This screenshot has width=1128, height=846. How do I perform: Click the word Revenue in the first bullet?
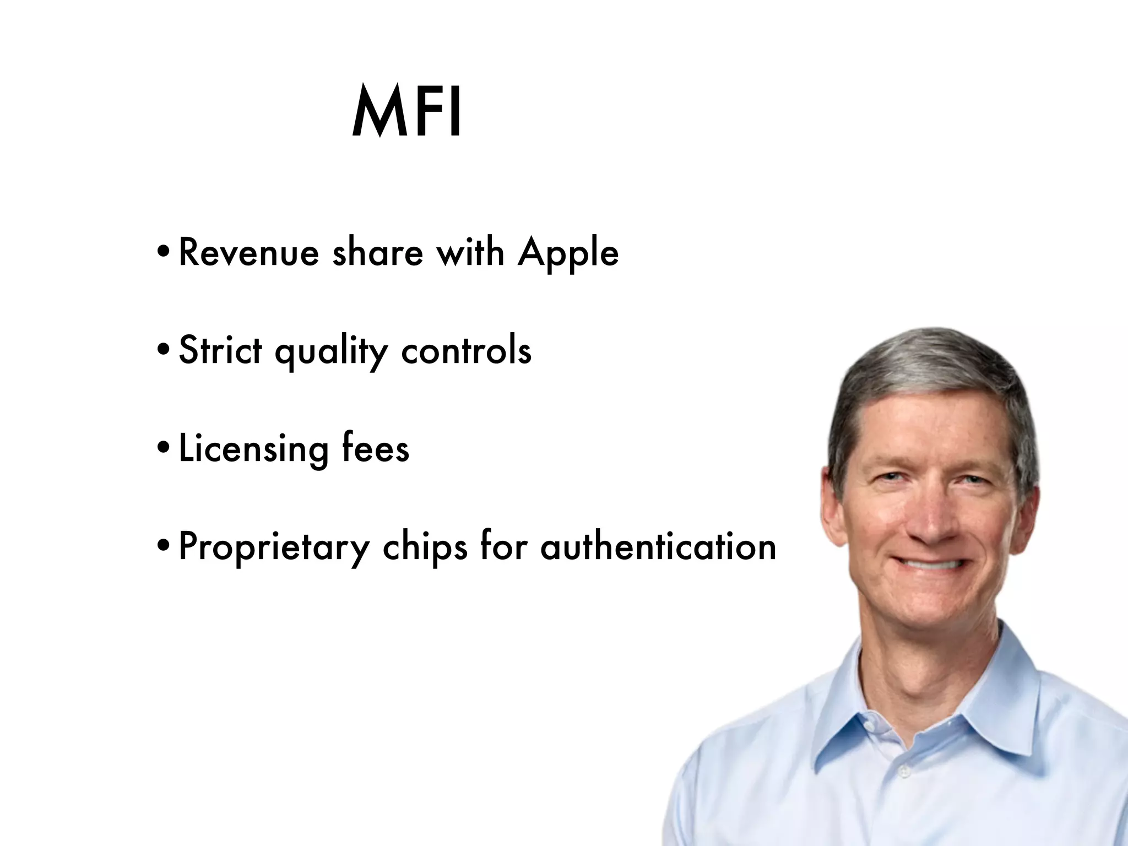[249, 253]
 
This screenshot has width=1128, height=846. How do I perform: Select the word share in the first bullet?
[378, 253]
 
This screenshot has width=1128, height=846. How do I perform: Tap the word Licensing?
[253, 449]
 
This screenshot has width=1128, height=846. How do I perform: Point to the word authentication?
[658, 546]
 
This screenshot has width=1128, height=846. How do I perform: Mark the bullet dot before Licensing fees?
[164, 448]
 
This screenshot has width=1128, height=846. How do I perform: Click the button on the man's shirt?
[904, 773]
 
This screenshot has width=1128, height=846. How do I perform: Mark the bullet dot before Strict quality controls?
[164, 350]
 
